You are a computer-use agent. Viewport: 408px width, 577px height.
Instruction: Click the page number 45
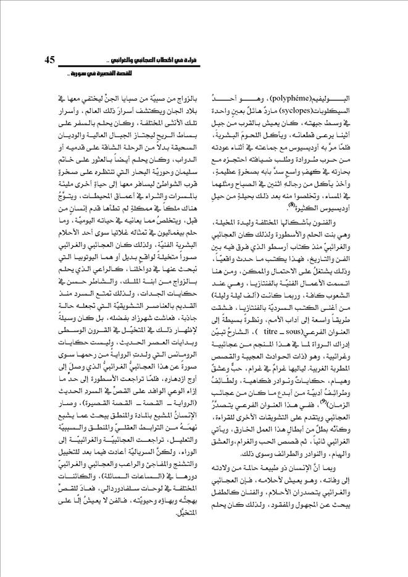(51, 59)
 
